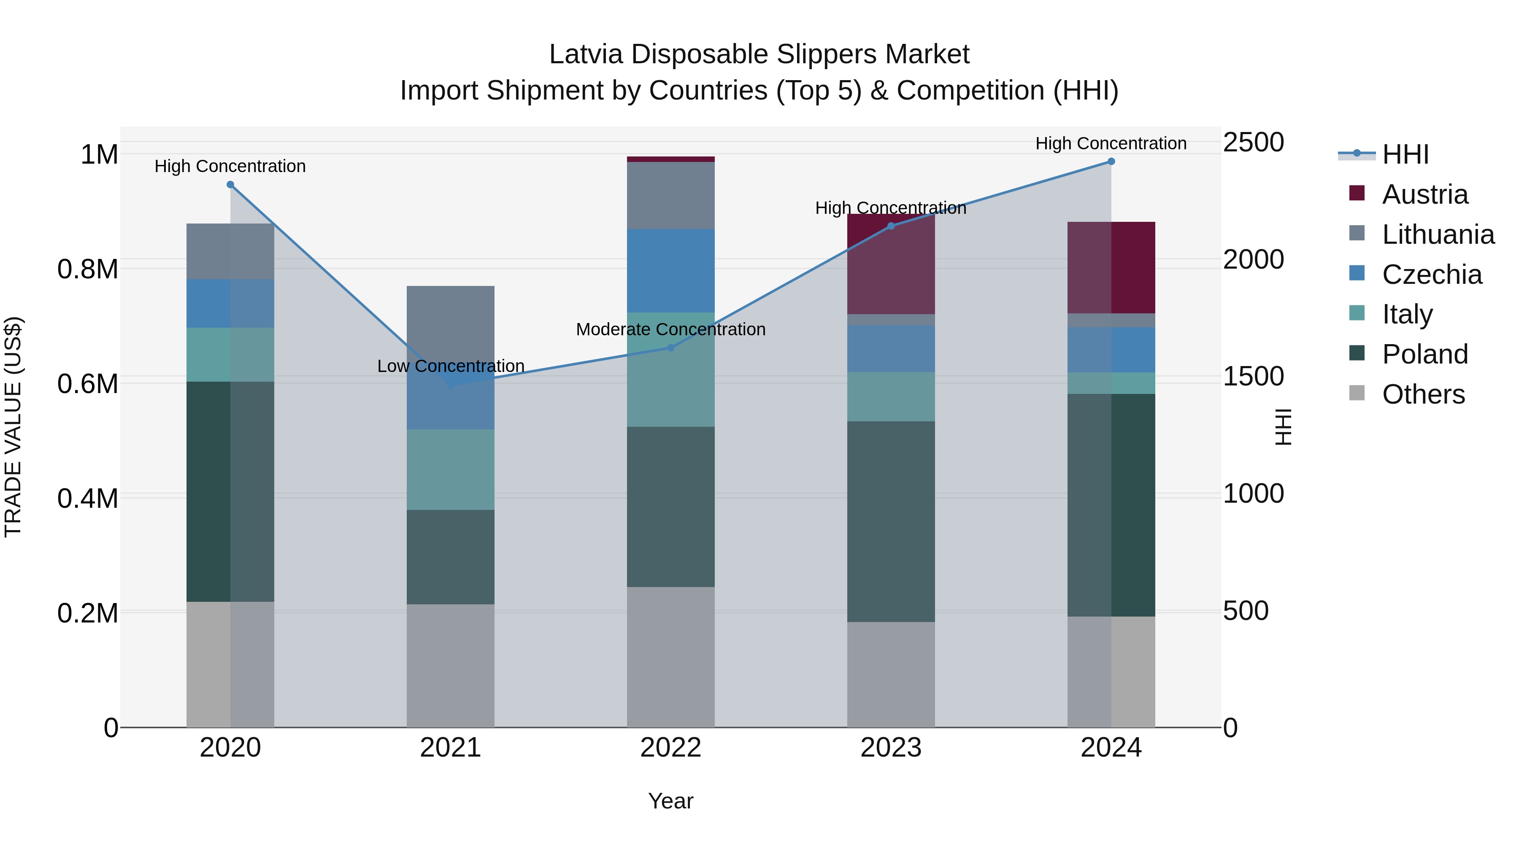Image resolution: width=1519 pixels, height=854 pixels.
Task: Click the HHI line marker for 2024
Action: [x=1111, y=162]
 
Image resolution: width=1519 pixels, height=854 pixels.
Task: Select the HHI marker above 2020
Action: [x=230, y=184]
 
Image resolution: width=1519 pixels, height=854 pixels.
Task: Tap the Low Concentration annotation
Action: [x=451, y=366]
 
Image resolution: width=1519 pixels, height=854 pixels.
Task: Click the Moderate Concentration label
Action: [x=670, y=329]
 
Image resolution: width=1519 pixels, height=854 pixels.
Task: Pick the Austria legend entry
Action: [x=1424, y=194]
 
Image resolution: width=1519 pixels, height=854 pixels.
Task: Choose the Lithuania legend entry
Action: [x=1438, y=234]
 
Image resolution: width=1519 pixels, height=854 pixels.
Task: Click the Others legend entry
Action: [x=1423, y=394]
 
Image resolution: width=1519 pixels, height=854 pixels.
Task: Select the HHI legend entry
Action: [x=1405, y=154]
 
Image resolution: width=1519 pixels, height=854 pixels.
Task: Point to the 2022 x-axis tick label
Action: [x=670, y=748]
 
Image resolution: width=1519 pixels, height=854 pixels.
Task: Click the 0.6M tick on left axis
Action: [x=88, y=384]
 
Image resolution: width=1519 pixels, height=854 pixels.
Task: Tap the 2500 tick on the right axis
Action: [x=1253, y=143]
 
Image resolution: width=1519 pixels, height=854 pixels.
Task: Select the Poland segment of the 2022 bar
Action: [x=670, y=507]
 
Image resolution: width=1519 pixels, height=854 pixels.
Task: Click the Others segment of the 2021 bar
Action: [x=451, y=666]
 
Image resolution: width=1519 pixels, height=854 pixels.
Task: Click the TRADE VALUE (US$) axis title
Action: [x=13, y=427]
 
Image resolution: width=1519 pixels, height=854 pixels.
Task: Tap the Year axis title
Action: [x=670, y=802]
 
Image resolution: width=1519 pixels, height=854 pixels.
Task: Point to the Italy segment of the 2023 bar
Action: [x=891, y=397]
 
